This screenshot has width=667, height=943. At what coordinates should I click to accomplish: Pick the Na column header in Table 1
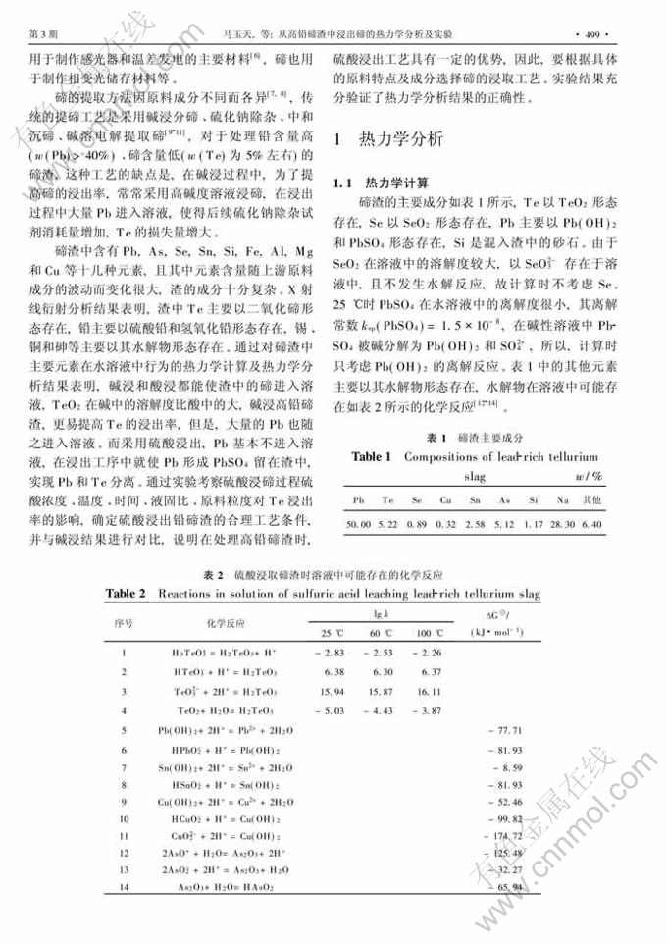point(567,499)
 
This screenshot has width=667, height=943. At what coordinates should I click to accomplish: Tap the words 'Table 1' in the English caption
point(371,456)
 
